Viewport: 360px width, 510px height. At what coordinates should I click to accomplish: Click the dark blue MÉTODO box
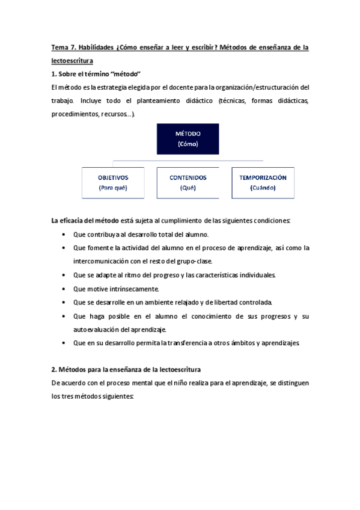(x=188, y=139)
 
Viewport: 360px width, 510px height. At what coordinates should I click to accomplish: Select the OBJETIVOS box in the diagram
(x=113, y=182)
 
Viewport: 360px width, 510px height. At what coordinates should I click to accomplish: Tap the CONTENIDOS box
(x=188, y=182)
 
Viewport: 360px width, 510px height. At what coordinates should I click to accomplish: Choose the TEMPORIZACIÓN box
(x=263, y=182)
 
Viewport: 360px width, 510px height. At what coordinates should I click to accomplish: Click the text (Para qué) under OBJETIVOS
(x=113, y=188)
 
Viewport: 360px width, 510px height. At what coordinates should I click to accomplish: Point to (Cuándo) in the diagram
(x=263, y=188)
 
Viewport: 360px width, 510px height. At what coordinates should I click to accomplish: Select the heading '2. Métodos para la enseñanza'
(x=126, y=368)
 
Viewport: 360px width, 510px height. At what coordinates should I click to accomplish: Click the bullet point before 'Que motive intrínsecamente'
(x=65, y=289)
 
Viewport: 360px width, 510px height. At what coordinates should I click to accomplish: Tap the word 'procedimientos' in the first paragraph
(x=75, y=114)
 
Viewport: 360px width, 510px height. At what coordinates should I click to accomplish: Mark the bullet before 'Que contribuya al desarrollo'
(x=65, y=235)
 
